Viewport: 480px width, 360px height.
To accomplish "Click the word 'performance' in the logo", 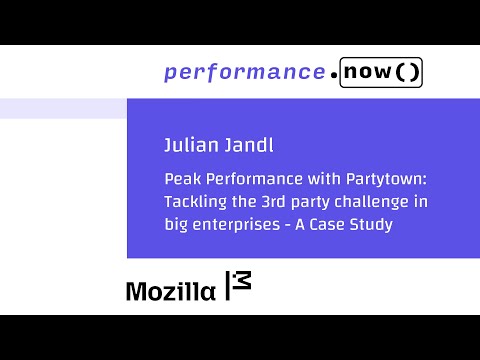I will (243, 72).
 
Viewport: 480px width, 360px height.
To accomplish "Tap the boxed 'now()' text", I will (380, 72).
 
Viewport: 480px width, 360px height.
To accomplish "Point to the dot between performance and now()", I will (332, 74).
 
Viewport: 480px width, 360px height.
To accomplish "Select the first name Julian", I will (189, 146).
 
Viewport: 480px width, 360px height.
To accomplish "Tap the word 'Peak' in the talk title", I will (182, 181).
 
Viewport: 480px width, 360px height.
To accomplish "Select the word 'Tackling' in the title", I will (193, 203).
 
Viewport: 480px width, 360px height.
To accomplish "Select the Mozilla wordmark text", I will (169, 291).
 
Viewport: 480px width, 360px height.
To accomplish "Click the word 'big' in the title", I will (177, 225).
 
